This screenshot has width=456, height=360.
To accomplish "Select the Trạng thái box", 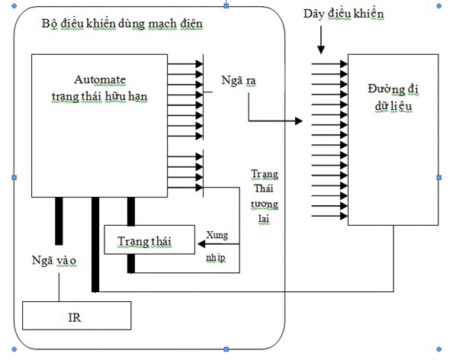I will tap(145, 242).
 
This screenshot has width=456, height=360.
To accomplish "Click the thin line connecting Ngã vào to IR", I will tap(59, 286).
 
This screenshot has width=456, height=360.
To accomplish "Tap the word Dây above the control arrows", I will tap(313, 14).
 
